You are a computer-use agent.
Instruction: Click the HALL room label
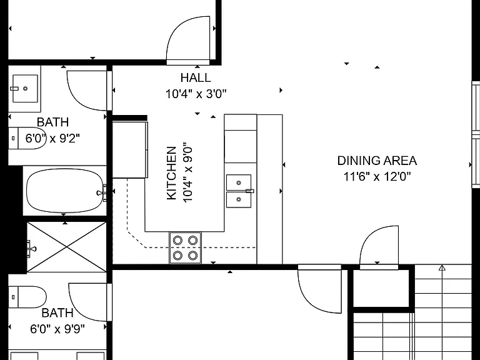(x=196, y=77)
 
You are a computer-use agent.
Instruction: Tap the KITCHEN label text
(x=172, y=173)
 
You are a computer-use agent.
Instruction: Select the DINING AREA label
(x=377, y=161)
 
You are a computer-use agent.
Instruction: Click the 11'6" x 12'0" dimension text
(x=377, y=177)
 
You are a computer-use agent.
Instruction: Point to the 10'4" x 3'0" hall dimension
(x=196, y=94)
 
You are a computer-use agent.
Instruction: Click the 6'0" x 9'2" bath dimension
(x=52, y=138)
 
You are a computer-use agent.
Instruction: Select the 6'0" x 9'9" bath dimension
(x=57, y=329)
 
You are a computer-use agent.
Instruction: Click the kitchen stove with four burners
(x=185, y=247)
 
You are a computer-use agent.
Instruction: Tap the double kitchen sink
(x=239, y=191)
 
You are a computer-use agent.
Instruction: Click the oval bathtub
(x=65, y=191)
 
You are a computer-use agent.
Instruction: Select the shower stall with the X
(x=66, y=247)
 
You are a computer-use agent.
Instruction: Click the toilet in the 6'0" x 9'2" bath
(x=27, y=138)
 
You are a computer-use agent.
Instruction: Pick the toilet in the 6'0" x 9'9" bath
(x=27, y=297)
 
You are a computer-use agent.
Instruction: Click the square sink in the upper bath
(x=25, y=89)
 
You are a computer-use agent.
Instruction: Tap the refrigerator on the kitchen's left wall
(x=130, y=150)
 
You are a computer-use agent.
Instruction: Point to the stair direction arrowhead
(x=442, y=268)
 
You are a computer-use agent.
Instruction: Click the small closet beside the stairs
(x=381, y=288)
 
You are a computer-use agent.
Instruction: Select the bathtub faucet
(x=102, y=192)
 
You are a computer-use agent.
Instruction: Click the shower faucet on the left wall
(x=31, y=247)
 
